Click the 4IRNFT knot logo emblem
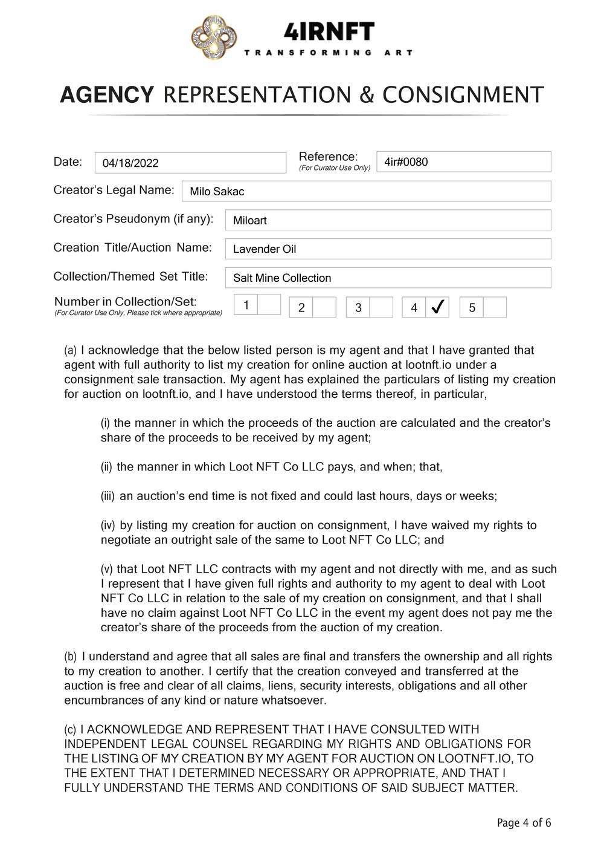(x=214, y=39)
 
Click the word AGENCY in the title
(x=107, y=95)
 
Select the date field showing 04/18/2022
(x=190, y=163)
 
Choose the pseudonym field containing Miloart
(x=388, y=220)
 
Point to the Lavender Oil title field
(x=388, y=249)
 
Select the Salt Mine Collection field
(x=388, y=278)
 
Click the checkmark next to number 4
(x=437, y=307)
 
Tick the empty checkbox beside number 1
(x=269, y=305)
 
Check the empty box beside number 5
(x=495, y=307)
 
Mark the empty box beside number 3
(x=381, y=307)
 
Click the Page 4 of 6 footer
(x=524, y=822)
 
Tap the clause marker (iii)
(x=108, y=496)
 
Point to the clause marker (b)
(x=71, y=657)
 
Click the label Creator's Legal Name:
(x=114, y=190)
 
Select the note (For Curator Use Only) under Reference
(x=335, y=167)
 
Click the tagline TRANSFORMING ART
(x=329, y=53)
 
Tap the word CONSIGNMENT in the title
(x=463, y=95)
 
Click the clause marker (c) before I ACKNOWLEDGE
(x=71, y=730)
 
